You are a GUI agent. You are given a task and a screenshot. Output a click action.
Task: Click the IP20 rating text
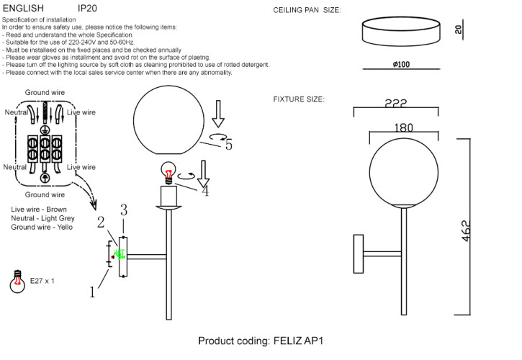coord(88,9)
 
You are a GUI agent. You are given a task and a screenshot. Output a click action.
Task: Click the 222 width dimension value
coord(395,104)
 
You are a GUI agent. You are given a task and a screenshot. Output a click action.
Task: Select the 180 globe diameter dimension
coord(403,127)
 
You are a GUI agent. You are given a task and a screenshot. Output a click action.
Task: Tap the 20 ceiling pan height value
coord(459,30)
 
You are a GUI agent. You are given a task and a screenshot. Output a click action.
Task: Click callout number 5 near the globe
coord(228,144)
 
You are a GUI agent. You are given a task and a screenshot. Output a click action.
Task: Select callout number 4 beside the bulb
coord(205,191)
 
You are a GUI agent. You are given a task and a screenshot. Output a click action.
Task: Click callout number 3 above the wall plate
coord(124,210)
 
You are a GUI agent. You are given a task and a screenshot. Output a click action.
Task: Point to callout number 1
coord(92,292)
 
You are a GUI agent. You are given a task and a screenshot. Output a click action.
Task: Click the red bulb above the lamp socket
coord(169,173)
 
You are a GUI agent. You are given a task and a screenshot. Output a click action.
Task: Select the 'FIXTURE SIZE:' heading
coord(298,99)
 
